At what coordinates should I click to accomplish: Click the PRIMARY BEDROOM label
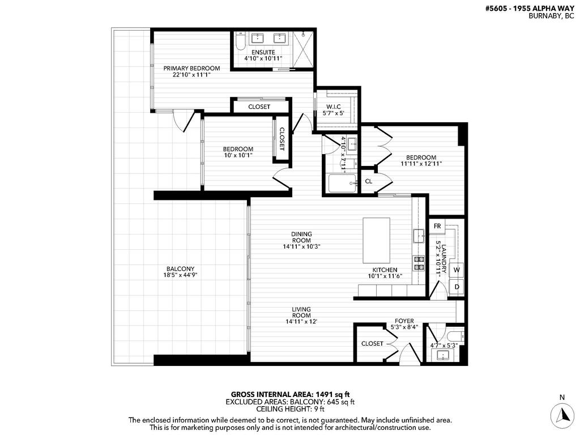[191, 68]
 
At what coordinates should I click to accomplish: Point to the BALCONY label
[180, 268]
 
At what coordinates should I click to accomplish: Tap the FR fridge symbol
[437, 226]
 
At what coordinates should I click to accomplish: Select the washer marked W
[456, 270]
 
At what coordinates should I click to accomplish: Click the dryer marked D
[457, 287]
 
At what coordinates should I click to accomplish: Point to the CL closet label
[368, 181]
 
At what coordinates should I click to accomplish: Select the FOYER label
[404, 321]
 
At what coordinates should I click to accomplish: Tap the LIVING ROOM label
[301, 312]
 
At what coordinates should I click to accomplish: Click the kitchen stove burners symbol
[420, 262]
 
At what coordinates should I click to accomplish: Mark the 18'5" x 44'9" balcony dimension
[180, 275]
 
